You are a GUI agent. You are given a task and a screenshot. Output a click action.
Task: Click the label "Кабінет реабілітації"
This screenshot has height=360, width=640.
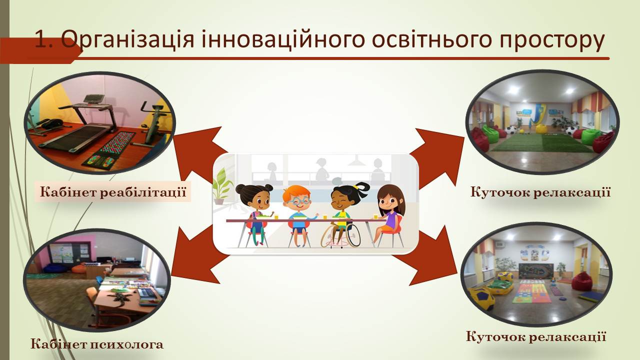pyautogui.click(x=113, y=191)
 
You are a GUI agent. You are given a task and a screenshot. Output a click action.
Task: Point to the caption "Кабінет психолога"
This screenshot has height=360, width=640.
pyautogui.click(x=97, y=344)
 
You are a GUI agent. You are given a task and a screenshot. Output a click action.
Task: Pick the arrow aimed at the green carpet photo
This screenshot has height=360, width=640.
pyautogui.click(x=437, y=157)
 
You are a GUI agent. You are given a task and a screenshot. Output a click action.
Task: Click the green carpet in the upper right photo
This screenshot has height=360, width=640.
pyautogui.click(x=541, y=143)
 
